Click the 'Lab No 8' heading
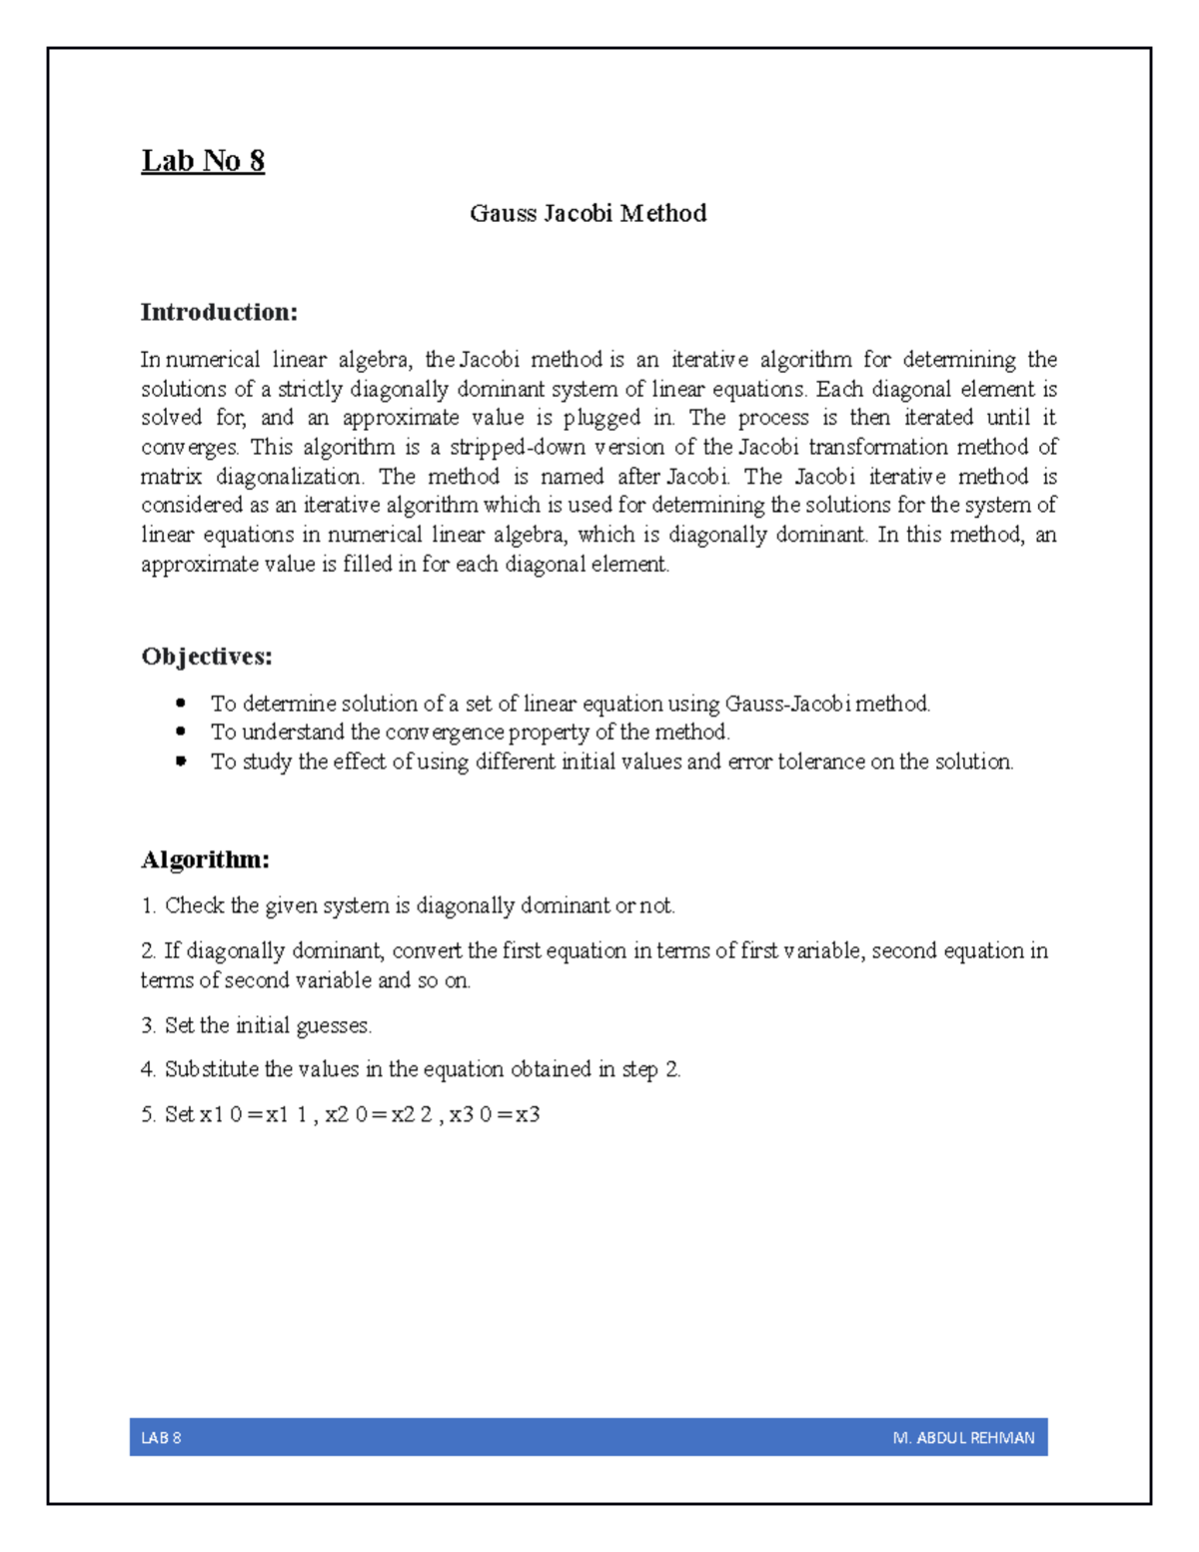(203, 161)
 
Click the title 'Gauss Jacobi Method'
(588, 213)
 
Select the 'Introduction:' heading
(219, 312)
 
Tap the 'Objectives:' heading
(207, 657)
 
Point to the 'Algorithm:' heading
(205, 859)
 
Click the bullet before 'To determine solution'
(181, 704)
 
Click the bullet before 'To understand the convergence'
(181, 733)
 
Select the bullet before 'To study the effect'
(181, 762)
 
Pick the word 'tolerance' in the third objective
(821, 762)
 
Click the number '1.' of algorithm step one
(149, 905)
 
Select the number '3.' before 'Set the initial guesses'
(149, 1025)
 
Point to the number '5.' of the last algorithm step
(149, 1114)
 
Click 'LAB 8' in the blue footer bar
(161, 1438)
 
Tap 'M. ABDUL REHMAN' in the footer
(963, 1438)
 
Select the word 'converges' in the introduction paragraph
(189, 448)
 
